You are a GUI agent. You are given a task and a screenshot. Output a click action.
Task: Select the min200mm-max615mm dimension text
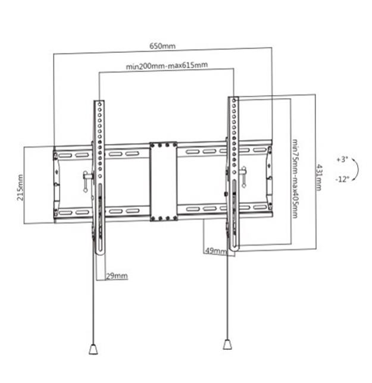tap(166, 67)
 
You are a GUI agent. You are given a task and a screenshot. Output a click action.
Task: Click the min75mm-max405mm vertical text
tap(295, 178)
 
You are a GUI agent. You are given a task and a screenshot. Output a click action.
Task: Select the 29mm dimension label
tap(117, 276)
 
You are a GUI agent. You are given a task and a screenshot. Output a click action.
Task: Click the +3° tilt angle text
tap(341, 159)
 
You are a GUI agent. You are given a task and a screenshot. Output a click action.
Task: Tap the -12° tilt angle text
tap(342, 178)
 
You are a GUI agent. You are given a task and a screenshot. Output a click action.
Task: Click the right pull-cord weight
tap(227, 345)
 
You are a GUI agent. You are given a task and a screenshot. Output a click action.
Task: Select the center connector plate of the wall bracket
tap(164, 181)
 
